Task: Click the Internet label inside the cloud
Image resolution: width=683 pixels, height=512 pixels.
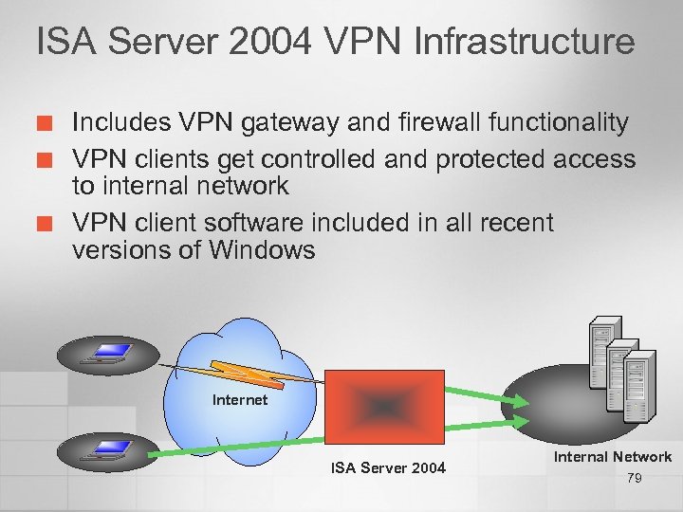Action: [240, 400]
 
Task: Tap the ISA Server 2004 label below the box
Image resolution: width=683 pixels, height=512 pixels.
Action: [388, 467]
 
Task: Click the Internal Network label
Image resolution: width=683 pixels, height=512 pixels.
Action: [613, 457]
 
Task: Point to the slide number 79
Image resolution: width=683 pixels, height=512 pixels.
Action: [635, 479]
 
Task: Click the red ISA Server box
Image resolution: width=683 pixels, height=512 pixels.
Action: [383, 406]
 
